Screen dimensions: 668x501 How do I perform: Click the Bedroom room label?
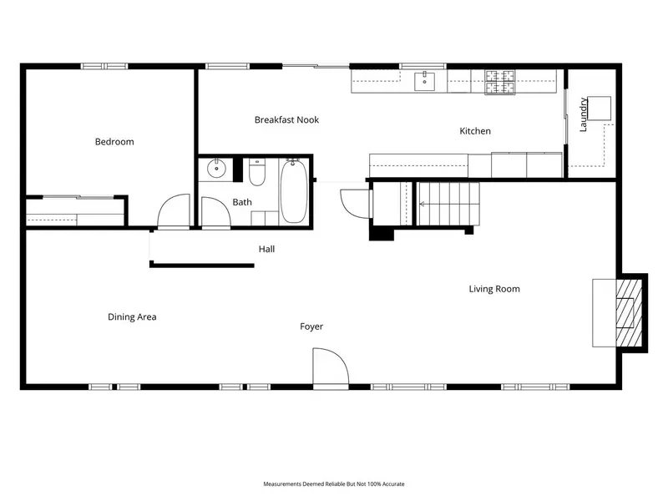click(x=114, y=142)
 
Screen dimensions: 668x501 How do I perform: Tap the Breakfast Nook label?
click(x=286, y=119)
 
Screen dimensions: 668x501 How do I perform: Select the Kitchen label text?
click(x=475, y=131)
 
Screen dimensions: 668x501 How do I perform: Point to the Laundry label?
click(x=583, y=114)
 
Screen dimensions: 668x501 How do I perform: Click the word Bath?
click(x=242, y=202)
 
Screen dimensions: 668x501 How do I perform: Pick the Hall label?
click(x=266, y=249)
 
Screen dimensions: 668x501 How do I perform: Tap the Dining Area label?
click(x=132, y=317)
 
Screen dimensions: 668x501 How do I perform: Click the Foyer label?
click(x=311, y=326)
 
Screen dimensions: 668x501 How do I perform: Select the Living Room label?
click(x=494, y=289)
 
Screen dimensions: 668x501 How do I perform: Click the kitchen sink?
click(x=425, y=81)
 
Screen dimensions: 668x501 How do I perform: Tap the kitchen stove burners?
click(x=499, y=82)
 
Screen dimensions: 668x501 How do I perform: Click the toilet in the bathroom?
click(x=257, y=172)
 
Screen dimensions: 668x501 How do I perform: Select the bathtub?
click(x=294, y=191)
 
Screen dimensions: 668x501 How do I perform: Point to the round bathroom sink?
click(x=217, y=169)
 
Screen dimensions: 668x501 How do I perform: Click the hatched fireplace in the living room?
click(x=629, y=312)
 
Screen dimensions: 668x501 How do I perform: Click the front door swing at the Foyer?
click(x=331, y=366)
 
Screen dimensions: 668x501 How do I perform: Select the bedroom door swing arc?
click(x=174, y=211)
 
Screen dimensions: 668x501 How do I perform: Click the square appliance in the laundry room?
click(x=599, y=109)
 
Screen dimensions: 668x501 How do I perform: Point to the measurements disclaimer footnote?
click(x=333, y=484)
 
